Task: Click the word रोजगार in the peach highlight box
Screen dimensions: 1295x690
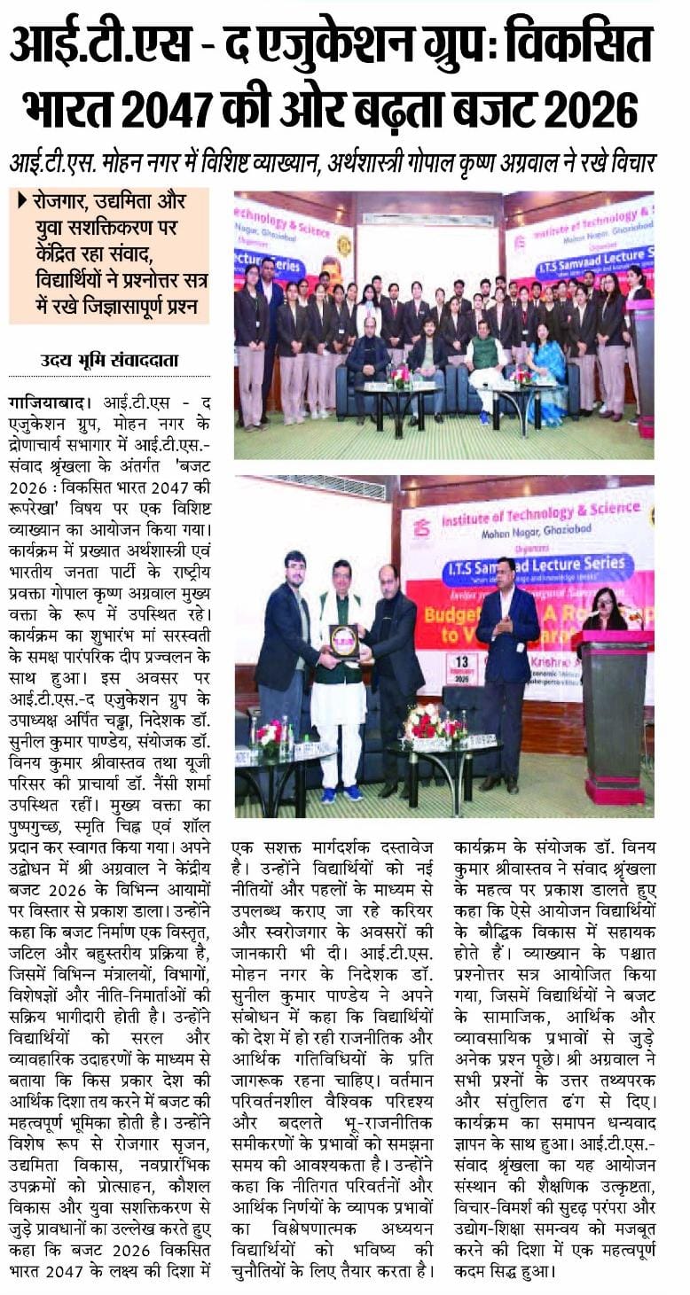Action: [x=62, y=203]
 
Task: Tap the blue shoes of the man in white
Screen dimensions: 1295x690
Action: [x=341, y=793]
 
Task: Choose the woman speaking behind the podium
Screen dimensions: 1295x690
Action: [x=608, y=612]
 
